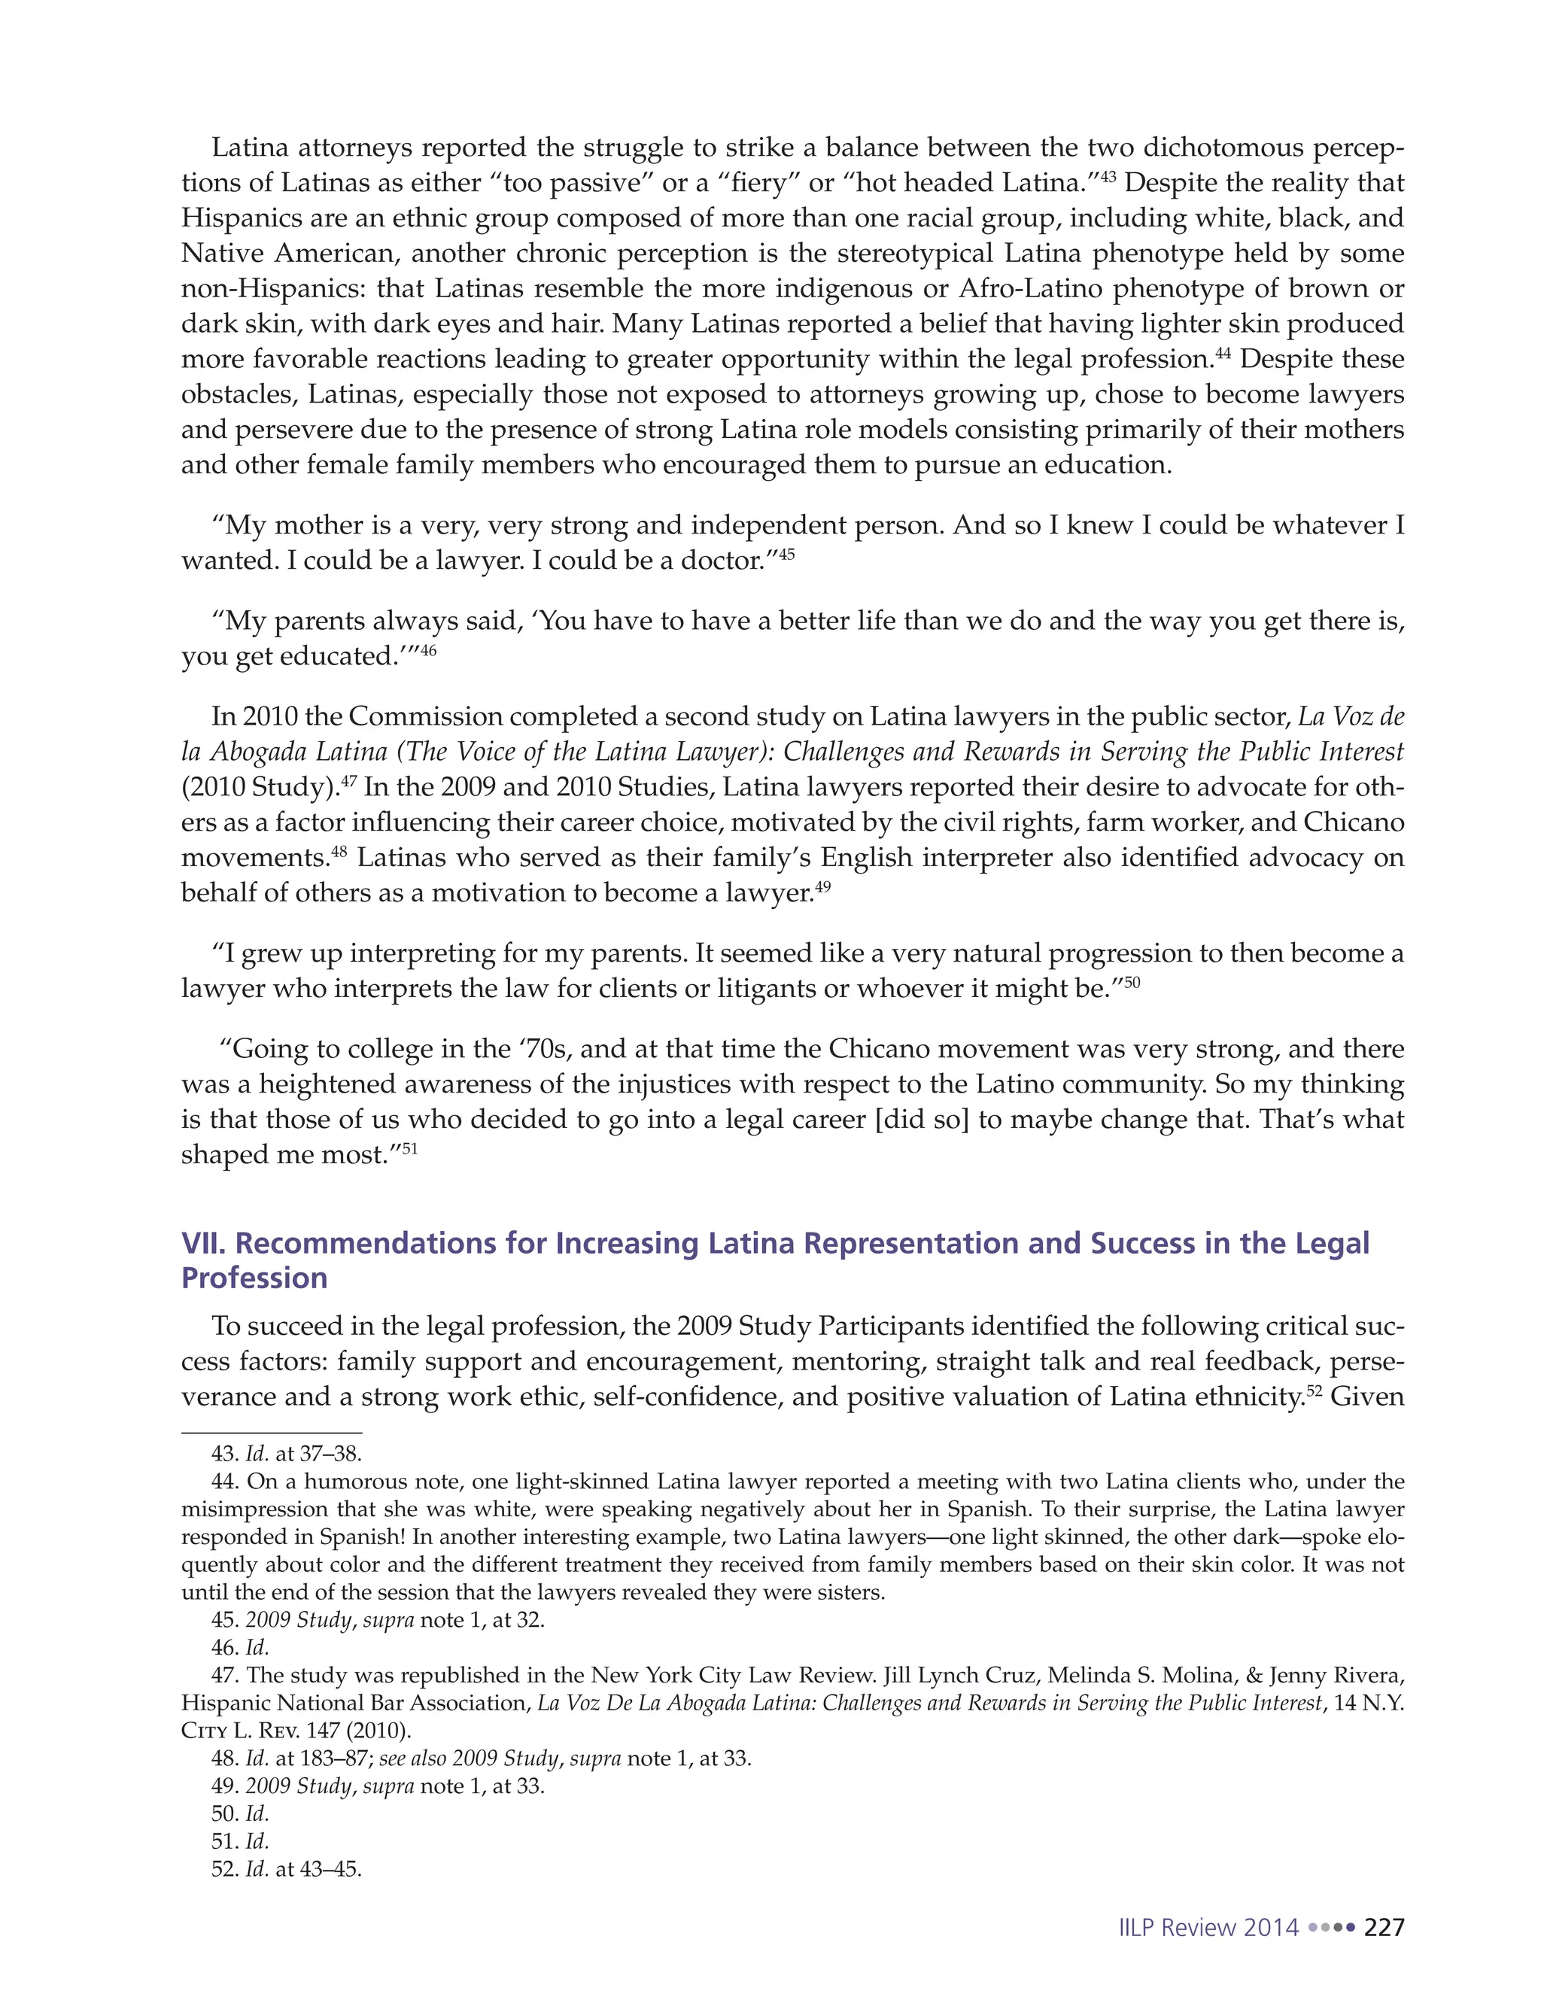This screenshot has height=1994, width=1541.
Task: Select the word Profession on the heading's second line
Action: point(254,1278)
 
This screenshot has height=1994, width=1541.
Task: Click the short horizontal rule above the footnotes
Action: point(272,1433)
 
